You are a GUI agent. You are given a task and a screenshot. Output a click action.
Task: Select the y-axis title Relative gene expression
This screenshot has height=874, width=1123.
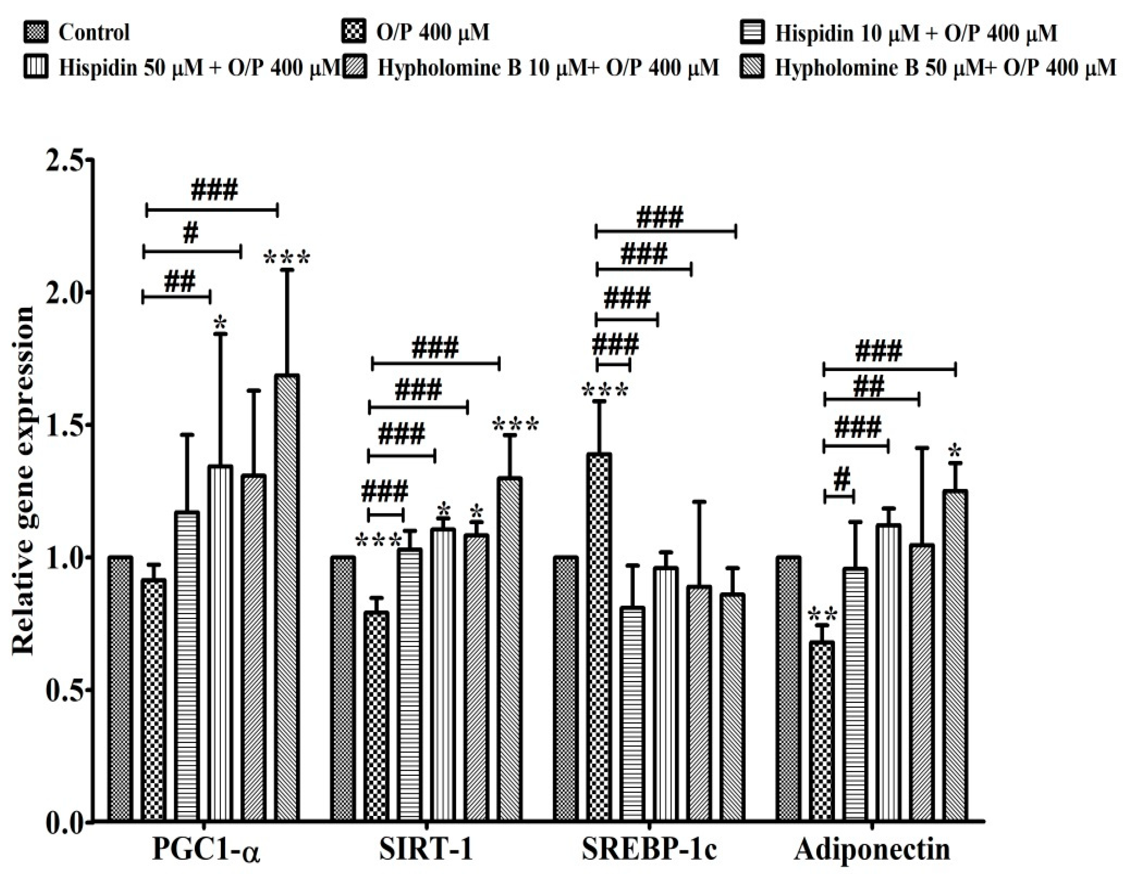click(x=23, y=481)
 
